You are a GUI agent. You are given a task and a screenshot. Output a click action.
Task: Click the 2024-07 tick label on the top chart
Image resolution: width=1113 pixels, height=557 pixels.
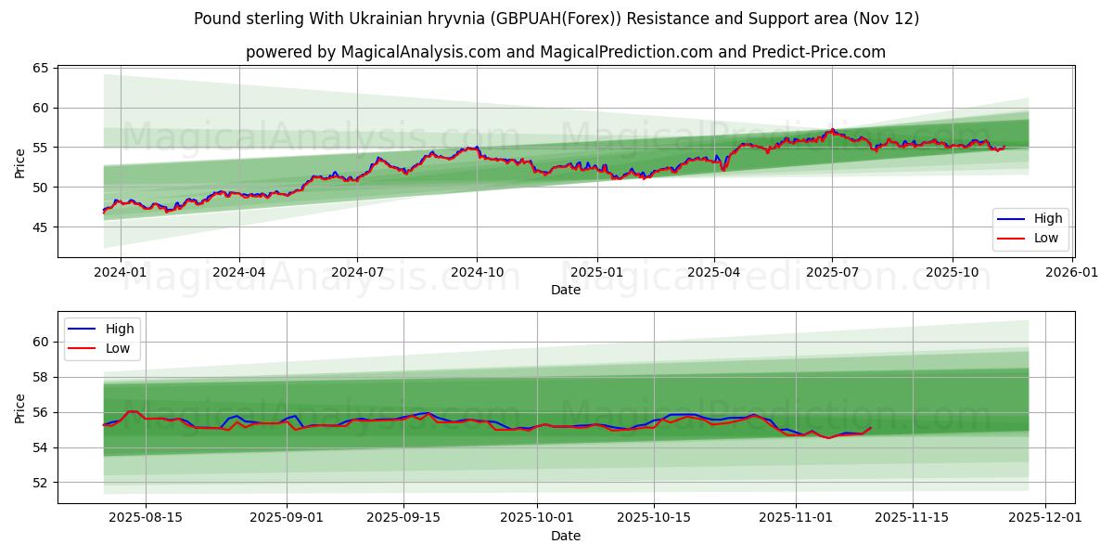pos(358,272)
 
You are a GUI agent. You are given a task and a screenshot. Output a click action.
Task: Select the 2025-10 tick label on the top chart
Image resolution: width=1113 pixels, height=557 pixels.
pos(952,272)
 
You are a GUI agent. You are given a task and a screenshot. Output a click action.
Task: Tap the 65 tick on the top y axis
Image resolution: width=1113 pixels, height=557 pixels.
pos(41,69)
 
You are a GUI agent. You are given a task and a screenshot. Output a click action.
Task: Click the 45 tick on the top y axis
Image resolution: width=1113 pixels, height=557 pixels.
pos(41,227)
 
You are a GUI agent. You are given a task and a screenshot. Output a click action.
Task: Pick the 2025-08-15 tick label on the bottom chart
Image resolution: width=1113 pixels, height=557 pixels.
pos(146,518)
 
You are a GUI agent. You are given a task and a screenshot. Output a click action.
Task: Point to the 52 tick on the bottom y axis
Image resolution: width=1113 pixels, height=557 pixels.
pos(41,483)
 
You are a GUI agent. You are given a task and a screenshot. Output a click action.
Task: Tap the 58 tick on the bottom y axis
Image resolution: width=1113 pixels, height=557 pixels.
pos(41,378)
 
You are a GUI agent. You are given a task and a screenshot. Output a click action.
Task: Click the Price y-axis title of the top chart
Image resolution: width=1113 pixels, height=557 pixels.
pos(20,162)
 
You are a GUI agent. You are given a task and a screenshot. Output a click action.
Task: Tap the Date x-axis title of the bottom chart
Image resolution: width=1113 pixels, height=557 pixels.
pos(566,536)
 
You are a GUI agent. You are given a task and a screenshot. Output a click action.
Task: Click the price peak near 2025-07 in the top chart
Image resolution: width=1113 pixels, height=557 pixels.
pos(833,130)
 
